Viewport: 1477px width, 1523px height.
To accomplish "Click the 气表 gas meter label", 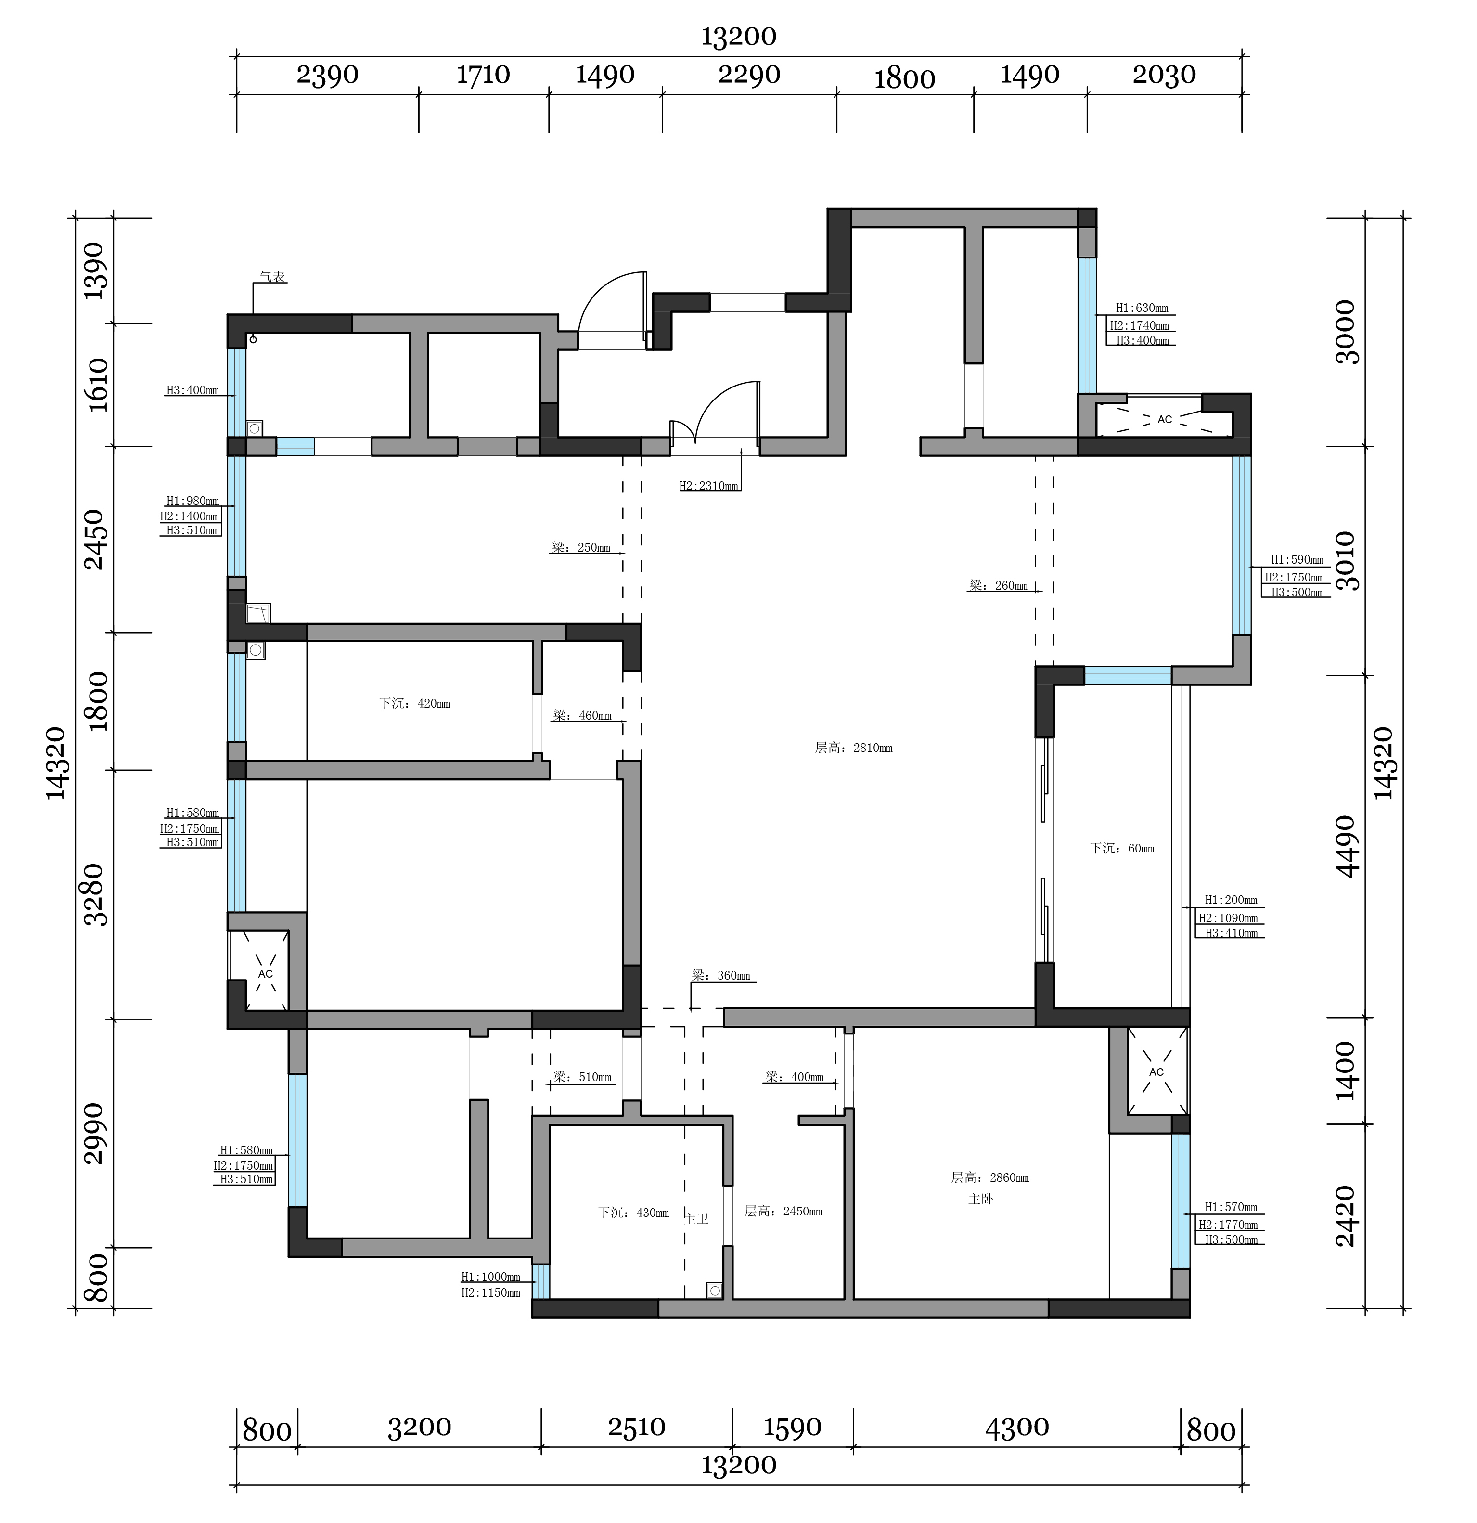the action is coord(272,277).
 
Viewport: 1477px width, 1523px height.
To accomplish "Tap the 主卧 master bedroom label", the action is coord(980,1199).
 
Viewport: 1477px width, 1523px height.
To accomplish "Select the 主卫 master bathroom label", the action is coord(696,1219).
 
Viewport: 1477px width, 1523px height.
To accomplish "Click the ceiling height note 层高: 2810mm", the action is coord(853,749).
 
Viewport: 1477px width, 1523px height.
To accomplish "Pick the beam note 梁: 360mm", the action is coord(721,976).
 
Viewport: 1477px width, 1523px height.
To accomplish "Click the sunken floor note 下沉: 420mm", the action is coord(414,704).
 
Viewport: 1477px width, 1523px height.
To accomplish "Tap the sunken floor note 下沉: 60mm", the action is coord(1122,849).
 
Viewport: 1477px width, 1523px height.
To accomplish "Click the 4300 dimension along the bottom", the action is coord(1017,1427).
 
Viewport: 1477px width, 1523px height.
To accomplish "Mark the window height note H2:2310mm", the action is coord(708,487).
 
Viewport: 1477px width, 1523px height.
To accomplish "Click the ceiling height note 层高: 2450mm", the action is coord(783,1212).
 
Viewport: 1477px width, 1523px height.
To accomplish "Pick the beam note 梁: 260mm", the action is coord(999,586).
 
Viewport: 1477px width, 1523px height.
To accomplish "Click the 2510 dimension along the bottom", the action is coord(636,1427).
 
